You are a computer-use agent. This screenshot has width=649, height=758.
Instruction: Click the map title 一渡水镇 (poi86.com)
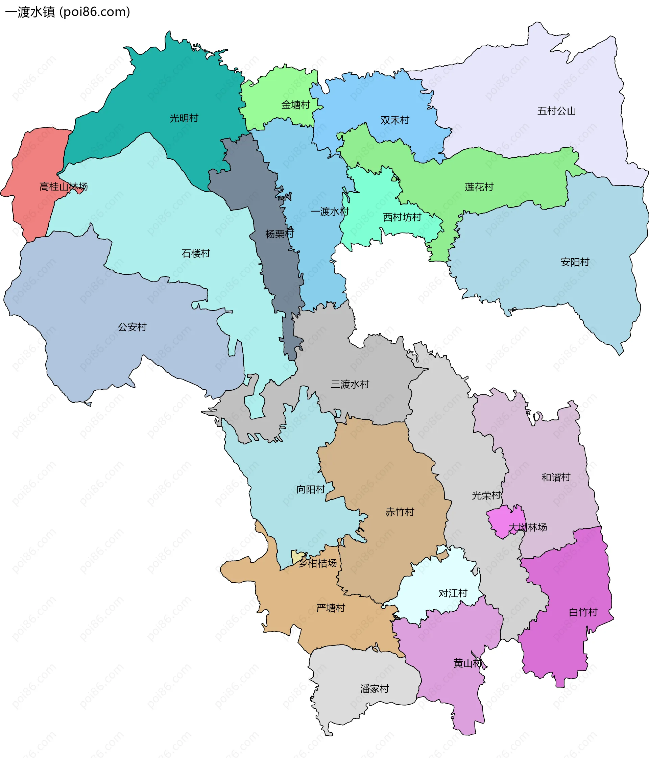point(68,12)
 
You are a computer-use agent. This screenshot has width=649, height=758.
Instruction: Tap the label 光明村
point(184,118)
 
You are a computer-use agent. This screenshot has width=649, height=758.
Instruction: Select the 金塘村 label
point(295,105)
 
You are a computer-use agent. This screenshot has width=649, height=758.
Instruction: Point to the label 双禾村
point(394,120)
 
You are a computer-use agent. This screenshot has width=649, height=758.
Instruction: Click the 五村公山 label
point(556,111)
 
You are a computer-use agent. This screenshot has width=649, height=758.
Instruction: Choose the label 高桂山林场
point(63,187)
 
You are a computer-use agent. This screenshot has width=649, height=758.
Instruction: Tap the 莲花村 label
point(479,187)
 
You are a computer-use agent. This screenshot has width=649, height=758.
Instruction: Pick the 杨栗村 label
point(280,234)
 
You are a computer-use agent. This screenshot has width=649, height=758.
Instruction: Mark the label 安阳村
point(575,262)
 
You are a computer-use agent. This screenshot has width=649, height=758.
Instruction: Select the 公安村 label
point(132,327)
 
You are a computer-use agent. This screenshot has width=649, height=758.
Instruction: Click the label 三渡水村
point(350,384)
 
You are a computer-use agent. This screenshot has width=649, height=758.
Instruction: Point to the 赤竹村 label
point(400,512)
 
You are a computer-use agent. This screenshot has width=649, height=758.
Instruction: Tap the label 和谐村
point(556,478)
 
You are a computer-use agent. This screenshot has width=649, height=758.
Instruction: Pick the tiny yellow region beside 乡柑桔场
point(297,557)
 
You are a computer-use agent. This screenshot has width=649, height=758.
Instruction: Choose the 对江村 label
point(453,593)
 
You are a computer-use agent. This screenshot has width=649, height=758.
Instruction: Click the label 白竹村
point(583,612)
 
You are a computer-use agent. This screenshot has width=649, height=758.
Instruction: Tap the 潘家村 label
point(374,689)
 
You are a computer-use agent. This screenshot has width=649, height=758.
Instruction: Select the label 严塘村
point(331,608)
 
